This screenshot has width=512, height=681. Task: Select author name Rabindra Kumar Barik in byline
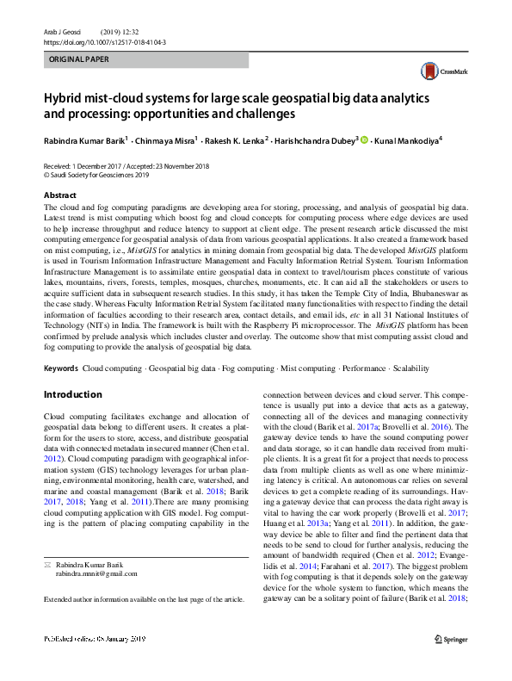click(x=83, y=139)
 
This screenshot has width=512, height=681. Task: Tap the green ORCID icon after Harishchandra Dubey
click(x=364, y=139)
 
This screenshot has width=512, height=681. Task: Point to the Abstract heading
click(x=59, y=195)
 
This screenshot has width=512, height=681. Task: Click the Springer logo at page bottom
click(x=451, y=663)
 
